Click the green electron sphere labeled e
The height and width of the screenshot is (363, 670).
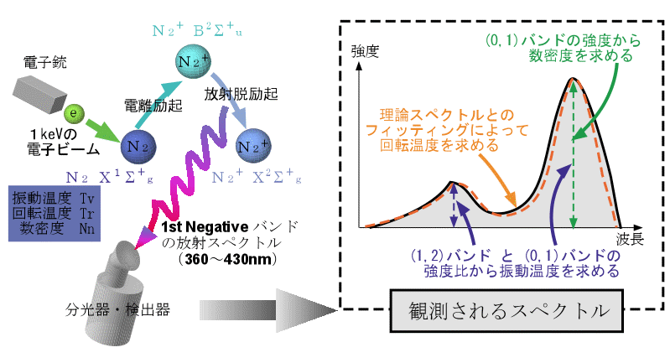(74, 112)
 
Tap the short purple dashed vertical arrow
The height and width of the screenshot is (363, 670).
(453, 205)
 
